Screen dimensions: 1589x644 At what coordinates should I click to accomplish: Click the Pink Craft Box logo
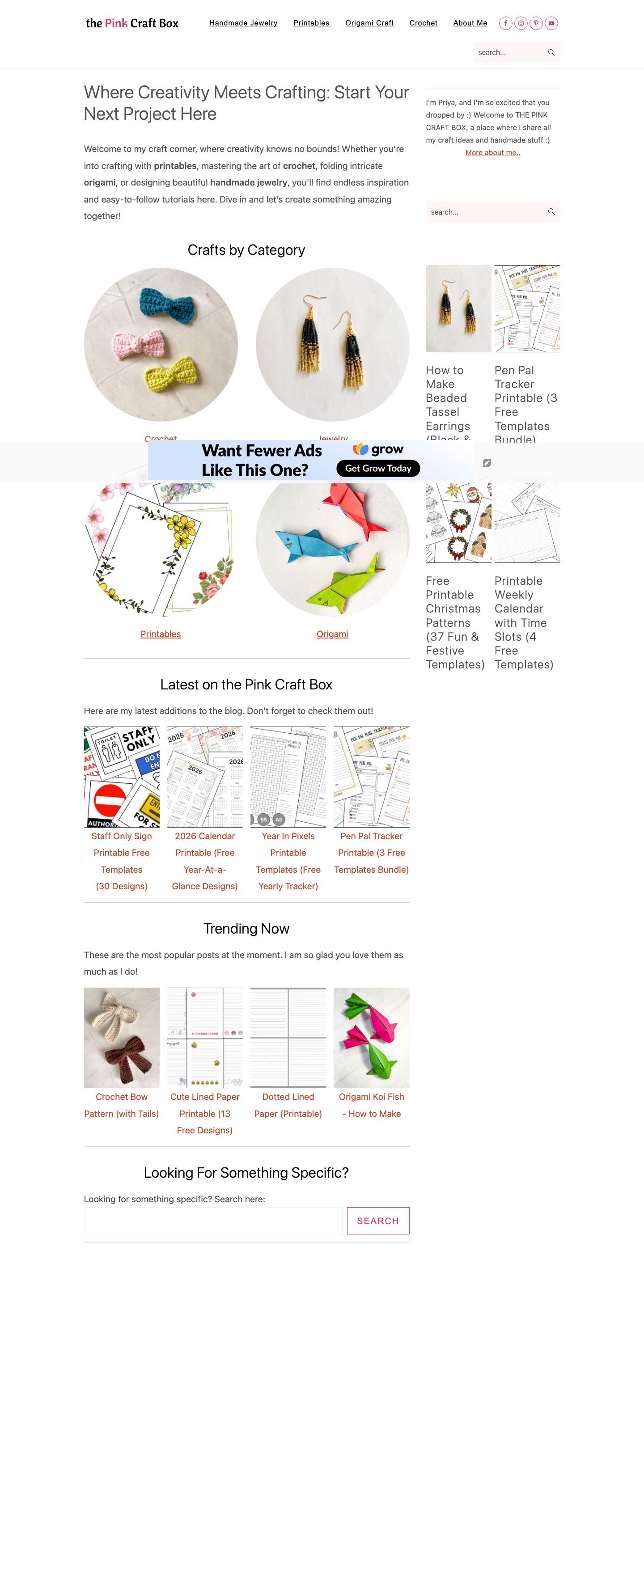(132, 23)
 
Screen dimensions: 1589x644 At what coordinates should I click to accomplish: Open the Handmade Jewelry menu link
(243, 23)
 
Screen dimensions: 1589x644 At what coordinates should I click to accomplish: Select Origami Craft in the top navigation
(369, 23)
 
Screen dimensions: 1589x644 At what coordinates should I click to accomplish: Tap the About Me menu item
(470, 23)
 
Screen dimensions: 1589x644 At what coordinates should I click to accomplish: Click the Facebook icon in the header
(506, 23)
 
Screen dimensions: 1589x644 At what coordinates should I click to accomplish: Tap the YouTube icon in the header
(551, 23)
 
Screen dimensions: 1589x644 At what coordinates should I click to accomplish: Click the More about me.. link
(492, 153)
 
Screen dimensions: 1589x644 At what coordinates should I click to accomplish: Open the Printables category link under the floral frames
(161, 634)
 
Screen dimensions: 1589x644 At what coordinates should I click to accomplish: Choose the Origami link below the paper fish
(332, 634)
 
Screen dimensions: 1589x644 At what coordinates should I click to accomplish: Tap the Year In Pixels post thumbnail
(288, 777)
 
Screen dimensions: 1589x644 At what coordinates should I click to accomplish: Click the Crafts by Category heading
(246, 250)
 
